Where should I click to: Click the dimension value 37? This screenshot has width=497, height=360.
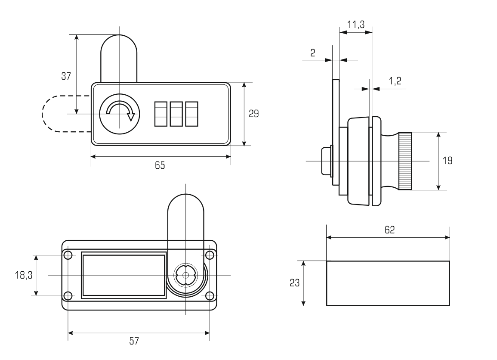click(66, 76)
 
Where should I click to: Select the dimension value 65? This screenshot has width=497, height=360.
click(160, 165)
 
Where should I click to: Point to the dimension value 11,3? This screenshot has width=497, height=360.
click(356, 25)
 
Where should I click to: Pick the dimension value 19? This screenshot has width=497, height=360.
click(448, 161)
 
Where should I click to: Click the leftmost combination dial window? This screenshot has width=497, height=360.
click(161, 114)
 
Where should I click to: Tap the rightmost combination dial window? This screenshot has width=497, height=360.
click(191, 114)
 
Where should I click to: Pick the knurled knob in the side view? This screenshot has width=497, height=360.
click(404, 161)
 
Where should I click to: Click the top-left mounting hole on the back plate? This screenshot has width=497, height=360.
click(68, 255)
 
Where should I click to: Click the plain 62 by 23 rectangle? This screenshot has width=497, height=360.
click(388, 283)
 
